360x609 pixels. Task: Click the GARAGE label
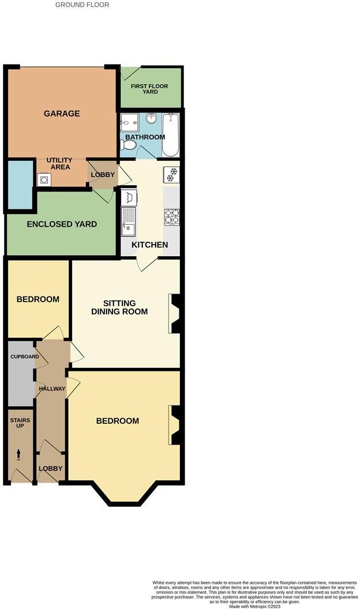point(62,114)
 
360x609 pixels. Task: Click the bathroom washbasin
point(152,119)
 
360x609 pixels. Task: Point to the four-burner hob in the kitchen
point(172,216)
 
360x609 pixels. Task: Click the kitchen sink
point(128,222)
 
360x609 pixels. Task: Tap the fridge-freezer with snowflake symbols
point(172,174)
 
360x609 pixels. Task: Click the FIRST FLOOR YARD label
point(149,89)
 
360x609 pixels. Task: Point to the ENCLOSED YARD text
point(62,224)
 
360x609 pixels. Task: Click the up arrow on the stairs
point(18,454)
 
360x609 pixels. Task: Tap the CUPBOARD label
point(25,356)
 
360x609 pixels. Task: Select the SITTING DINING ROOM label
point(119,307)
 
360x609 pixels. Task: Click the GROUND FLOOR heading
point(82,5)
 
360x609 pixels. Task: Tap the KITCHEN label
point(150,245)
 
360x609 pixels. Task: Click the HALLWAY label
point(52,389)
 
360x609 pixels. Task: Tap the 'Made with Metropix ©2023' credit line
point(255,606)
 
